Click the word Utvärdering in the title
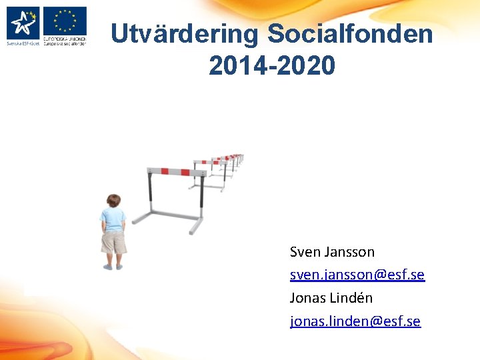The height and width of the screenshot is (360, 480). point(184,34)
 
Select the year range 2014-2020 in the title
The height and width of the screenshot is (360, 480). point(272,65)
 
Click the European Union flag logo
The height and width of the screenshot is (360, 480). point(65,21)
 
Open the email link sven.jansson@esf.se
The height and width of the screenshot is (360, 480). point(357,275)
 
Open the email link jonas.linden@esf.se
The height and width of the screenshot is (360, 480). point(355,321)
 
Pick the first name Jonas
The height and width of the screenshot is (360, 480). point(307,297)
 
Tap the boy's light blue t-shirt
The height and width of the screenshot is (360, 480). point(113,220)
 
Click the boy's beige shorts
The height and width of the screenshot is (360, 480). point(113,243)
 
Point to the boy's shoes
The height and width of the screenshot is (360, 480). point(113,267)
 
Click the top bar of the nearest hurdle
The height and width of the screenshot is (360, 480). point(174,171)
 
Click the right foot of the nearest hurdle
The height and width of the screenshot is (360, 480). point(195,228)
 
